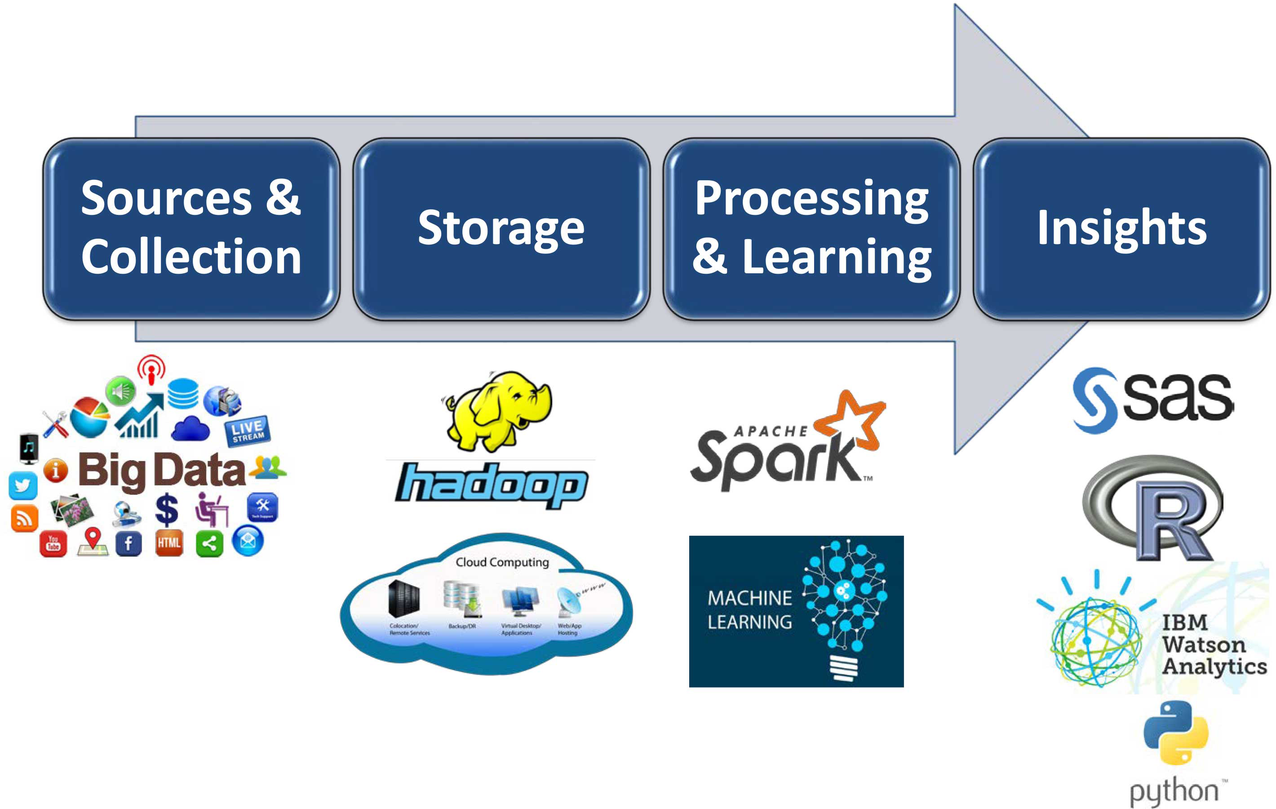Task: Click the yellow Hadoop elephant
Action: coord(498,411)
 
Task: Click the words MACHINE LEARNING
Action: coord(749,609)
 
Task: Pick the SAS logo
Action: coord(1152,400)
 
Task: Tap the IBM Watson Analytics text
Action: coord(1214,644)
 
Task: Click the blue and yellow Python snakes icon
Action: coord(1175,732)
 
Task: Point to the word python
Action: coord(1174,791)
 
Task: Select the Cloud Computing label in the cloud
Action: coord(502,562)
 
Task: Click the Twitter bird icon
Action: coord(23,485)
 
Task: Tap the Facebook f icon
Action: coord(128,543)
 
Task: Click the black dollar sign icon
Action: coord(166,509)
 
